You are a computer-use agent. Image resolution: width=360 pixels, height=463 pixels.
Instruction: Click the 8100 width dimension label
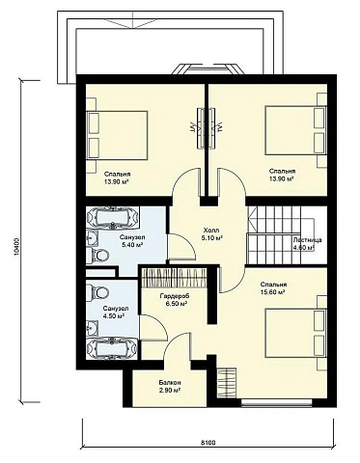coord(208,443)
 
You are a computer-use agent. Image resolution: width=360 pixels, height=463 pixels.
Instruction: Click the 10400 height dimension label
coord(16,247)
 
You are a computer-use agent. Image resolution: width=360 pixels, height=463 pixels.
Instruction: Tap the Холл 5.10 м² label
coord(212,234)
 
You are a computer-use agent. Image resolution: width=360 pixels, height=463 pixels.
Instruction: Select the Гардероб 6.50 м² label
coord(174,300)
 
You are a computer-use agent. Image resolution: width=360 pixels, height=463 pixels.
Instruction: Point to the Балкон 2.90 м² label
coord(170,387)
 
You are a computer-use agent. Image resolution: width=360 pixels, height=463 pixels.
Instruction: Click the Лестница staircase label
coord(307,240)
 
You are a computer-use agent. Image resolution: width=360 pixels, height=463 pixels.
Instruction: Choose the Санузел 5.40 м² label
coord(132,241)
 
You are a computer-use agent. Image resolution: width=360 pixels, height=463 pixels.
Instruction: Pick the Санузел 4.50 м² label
coord(116,313)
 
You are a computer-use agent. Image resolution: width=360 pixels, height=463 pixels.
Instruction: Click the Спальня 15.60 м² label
coord(273,288)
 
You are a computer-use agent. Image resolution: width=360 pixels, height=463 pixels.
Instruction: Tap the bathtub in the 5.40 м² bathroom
coord(113,218)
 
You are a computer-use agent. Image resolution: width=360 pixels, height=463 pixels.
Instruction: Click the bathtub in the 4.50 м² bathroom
coord(112,349)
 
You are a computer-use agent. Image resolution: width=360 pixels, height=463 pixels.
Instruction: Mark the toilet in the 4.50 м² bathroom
coord(97,292)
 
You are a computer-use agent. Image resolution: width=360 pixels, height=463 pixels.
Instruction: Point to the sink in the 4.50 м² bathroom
coord(92,328)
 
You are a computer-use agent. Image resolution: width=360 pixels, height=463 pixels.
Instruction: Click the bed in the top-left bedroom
coord(117,135)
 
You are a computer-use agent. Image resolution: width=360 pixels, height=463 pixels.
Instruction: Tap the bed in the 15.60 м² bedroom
coord(295,333)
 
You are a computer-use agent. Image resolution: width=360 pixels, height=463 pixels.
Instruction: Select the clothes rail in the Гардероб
coord(174,278)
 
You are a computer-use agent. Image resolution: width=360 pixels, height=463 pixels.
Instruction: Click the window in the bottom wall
coord(277,402)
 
